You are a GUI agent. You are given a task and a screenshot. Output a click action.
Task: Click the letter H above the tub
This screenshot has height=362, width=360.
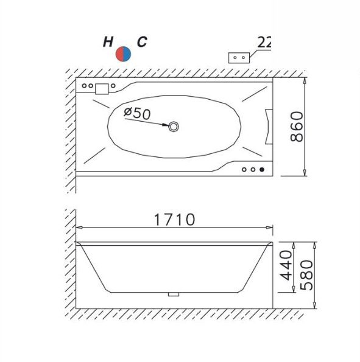108,42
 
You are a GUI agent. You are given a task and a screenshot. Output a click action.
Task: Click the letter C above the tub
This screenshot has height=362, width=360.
142,42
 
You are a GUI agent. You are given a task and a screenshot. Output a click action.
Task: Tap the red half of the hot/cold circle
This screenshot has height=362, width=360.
119,54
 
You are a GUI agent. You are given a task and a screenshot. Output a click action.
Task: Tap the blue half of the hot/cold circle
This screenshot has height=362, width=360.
127,54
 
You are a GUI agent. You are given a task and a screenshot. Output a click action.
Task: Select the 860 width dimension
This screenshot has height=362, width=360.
297,127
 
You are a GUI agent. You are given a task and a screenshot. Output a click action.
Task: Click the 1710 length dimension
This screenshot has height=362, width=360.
175,220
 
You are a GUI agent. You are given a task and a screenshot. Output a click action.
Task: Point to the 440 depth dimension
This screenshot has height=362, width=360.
286,265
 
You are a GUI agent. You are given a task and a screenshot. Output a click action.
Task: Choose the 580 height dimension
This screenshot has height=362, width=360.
306,275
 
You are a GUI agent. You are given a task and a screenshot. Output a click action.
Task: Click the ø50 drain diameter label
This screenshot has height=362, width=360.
137,113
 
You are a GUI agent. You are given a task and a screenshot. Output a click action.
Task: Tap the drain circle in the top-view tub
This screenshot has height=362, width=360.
174,127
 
